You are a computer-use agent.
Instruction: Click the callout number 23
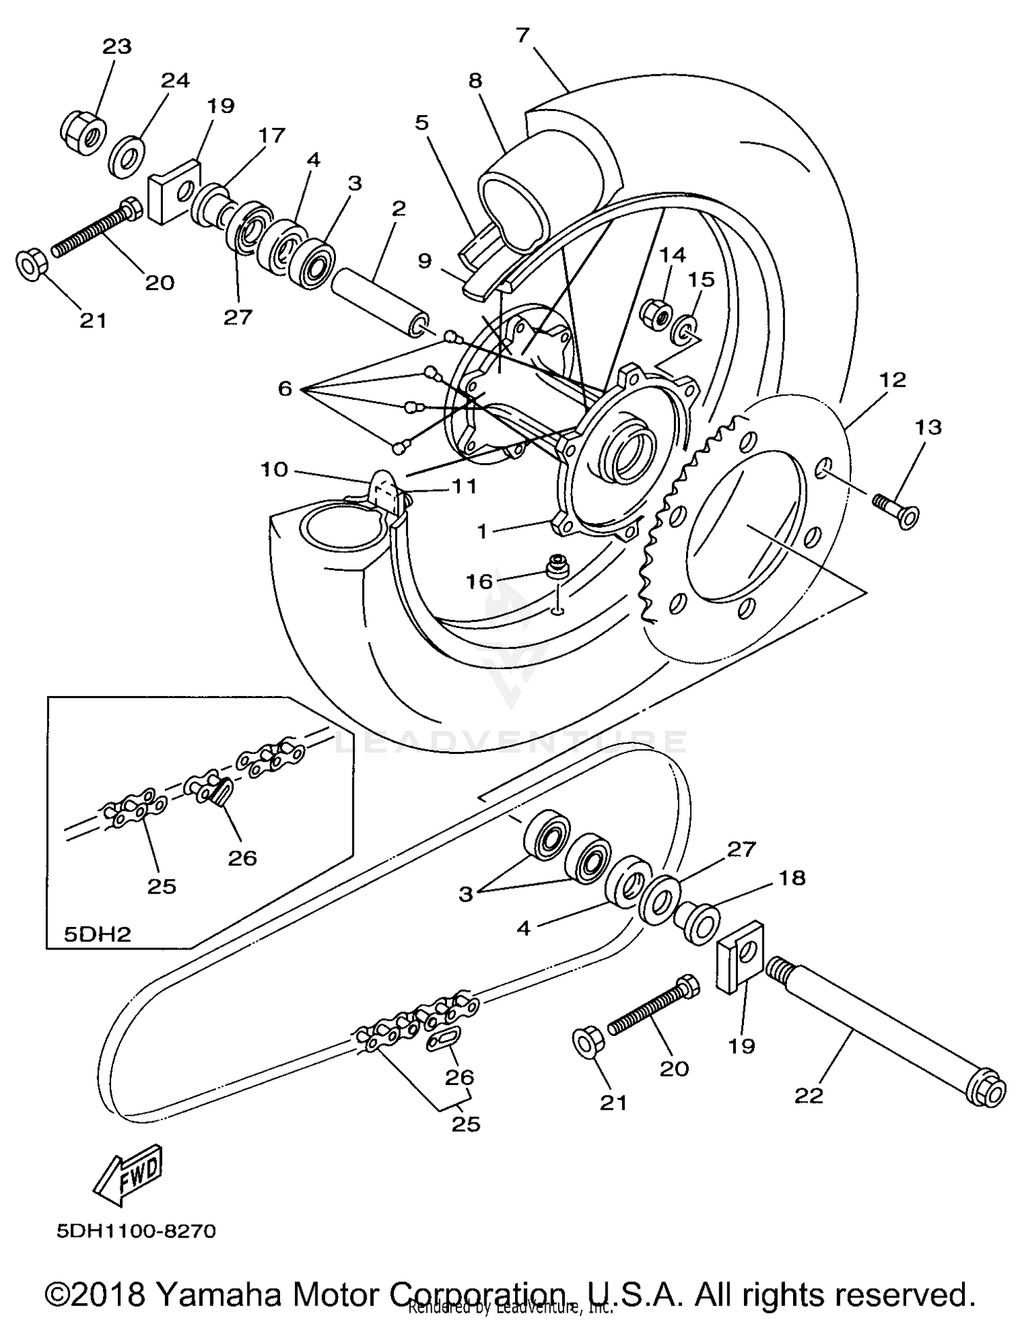click(117, 46)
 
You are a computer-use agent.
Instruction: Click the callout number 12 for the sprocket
click(893, 379)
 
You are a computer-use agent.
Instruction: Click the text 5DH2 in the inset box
click(97, 933)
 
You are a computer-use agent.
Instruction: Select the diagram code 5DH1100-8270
click(136, 1231)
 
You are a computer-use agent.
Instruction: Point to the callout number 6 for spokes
click(285, 389)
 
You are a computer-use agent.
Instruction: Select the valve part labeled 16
click(558, 565)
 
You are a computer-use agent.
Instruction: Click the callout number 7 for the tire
click(523, 34)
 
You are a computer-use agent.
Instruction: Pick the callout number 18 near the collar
click(792, 878)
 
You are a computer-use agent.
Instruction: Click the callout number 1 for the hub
click(482, 531)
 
